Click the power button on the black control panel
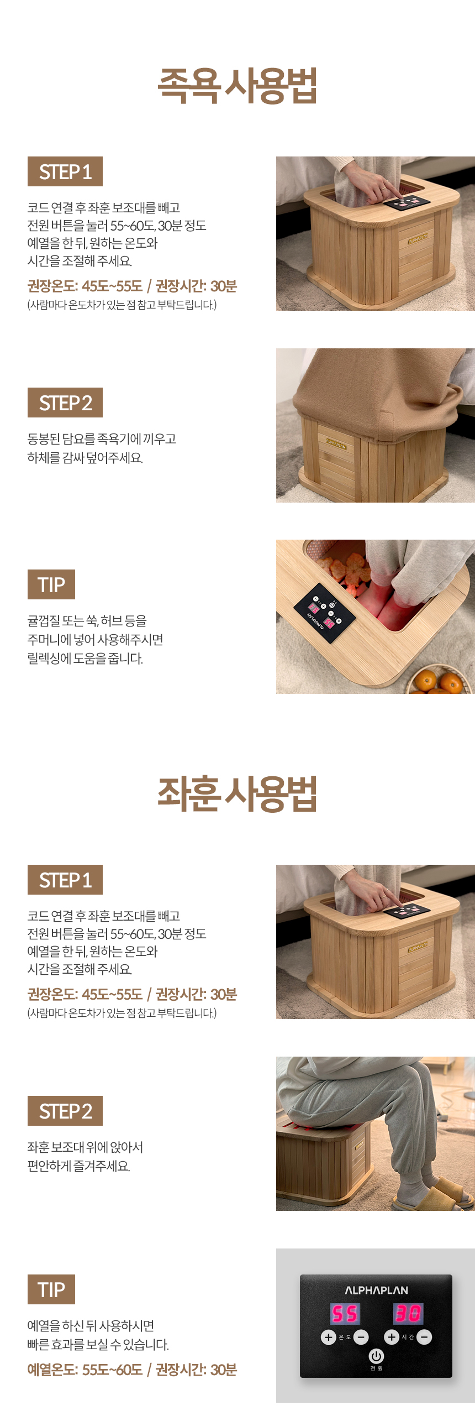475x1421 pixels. coord(376,1355)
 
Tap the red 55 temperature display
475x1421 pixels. coord(345,1313)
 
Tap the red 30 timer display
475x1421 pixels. coord(408,1313)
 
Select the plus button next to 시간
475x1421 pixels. coord(392,1337)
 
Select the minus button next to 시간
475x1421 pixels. coord(424,1337)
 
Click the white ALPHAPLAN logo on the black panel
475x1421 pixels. coord(376,1291)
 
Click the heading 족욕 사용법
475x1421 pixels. coord(237,86)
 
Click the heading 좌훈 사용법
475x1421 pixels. coord(237,794)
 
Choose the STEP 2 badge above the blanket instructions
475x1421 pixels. coord(65,403)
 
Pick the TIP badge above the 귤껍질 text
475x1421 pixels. coord(51,584)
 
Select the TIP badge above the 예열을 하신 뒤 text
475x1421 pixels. coord(51,1289)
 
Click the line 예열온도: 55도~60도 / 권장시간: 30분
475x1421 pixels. coord(132,1370)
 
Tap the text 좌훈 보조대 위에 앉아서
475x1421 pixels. coord(85,1147)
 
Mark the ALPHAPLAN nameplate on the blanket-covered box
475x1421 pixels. coord(336,444)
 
